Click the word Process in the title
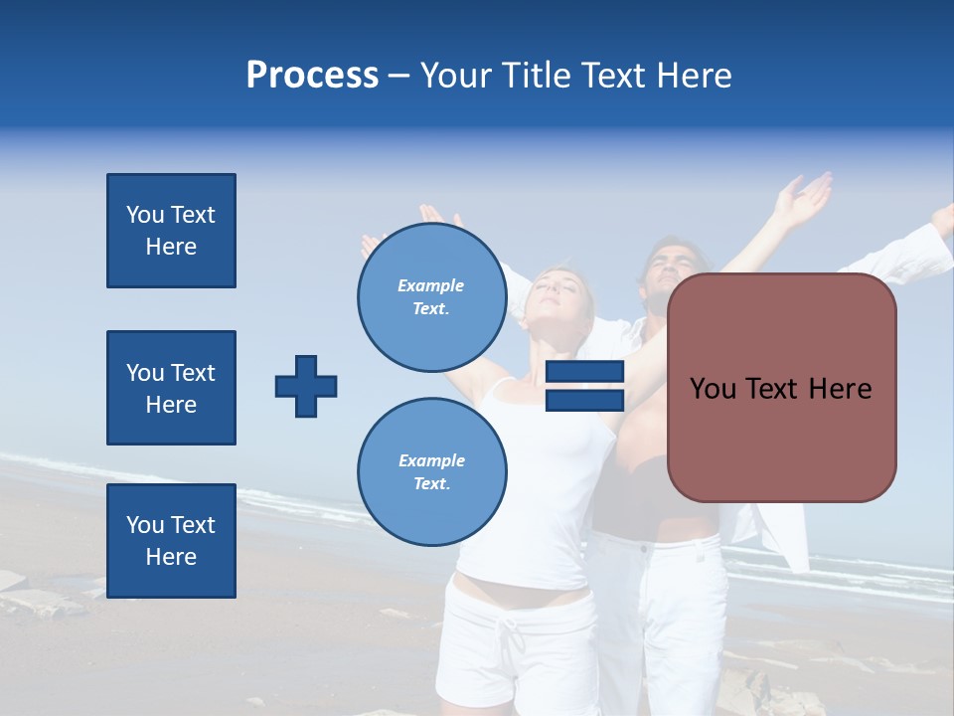312,76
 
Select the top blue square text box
171,231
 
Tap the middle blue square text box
171,388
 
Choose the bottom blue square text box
171,541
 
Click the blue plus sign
306,386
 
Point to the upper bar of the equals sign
584,372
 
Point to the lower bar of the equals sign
584,401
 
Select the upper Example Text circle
432,297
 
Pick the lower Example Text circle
432,472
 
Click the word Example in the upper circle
430,286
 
